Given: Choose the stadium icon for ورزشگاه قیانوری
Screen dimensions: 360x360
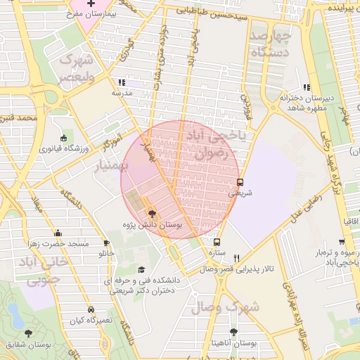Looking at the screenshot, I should click(x=64, y=138).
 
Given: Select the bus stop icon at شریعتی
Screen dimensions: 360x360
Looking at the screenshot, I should click(x=240, y=181).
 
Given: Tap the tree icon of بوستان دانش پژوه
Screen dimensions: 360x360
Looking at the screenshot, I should click(x=152, y=213).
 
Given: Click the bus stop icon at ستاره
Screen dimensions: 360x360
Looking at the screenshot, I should click(x=216, y=242).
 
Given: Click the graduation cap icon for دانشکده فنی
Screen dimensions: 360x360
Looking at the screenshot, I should click(x=141, y=269).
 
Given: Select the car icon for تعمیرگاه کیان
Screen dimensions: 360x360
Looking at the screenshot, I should click(x=91, y=309).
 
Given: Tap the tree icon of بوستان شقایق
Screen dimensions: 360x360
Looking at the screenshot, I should click(x=28, y=333).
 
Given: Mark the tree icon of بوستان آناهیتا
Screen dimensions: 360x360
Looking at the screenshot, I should click(x=233, y=332).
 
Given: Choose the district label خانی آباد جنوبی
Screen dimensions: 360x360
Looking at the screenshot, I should click(x=49, y=269).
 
